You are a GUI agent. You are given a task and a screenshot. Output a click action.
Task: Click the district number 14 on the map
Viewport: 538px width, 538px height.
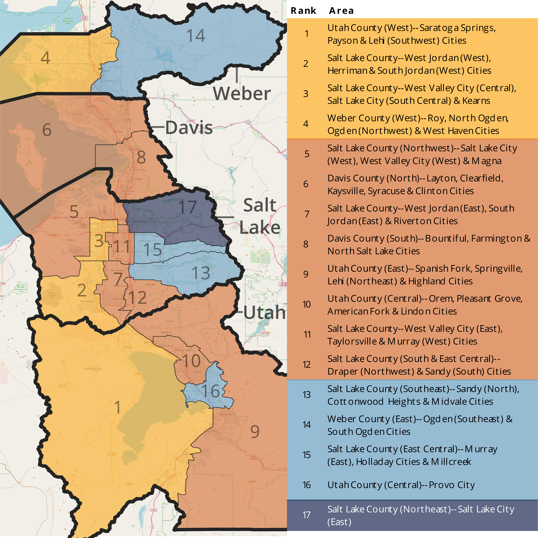196,36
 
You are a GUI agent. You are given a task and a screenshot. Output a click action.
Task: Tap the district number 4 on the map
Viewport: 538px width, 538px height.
46,58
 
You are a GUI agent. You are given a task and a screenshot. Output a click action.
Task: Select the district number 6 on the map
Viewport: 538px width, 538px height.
47,130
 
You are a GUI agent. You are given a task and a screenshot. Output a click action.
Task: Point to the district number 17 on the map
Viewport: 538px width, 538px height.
187,207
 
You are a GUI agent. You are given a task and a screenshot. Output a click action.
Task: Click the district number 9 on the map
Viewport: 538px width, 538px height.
255,431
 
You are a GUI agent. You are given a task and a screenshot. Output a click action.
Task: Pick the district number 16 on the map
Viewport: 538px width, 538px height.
210,391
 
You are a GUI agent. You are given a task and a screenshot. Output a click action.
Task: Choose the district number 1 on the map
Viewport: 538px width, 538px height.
118,407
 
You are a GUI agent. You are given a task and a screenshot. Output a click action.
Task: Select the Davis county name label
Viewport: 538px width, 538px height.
189,128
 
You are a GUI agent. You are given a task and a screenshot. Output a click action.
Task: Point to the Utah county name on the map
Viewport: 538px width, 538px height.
264,312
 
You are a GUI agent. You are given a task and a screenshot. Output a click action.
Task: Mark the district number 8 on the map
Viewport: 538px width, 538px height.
141,157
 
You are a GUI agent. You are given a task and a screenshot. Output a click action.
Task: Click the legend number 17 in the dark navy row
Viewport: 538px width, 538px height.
306,515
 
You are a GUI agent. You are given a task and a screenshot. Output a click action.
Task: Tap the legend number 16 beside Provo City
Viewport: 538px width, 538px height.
306,485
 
